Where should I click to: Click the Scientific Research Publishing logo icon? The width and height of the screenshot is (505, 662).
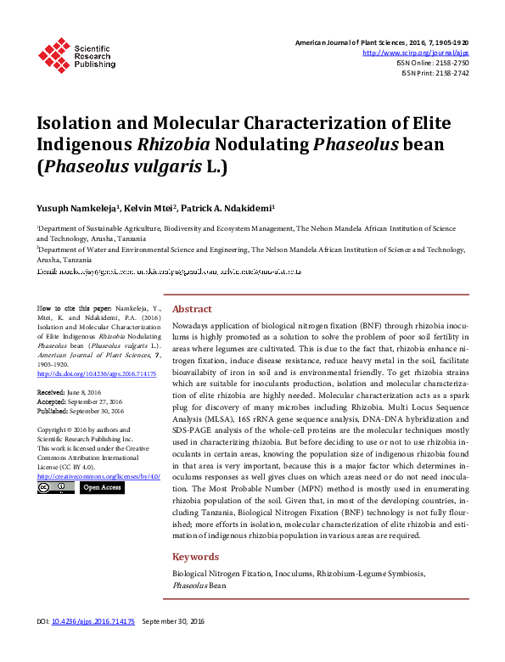pos(54,53)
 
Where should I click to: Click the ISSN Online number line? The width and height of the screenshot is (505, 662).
pos(432,63)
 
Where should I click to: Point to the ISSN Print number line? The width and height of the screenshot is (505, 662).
pos(435,73)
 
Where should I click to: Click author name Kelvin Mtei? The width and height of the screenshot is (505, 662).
pos(152,207)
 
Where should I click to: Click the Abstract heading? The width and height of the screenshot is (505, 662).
pos(192,309)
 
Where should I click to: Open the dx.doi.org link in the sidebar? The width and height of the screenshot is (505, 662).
pos(96,373)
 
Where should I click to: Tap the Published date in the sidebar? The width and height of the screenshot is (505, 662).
pos(80,410)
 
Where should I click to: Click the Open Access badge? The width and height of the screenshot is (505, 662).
pos(101,488)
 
